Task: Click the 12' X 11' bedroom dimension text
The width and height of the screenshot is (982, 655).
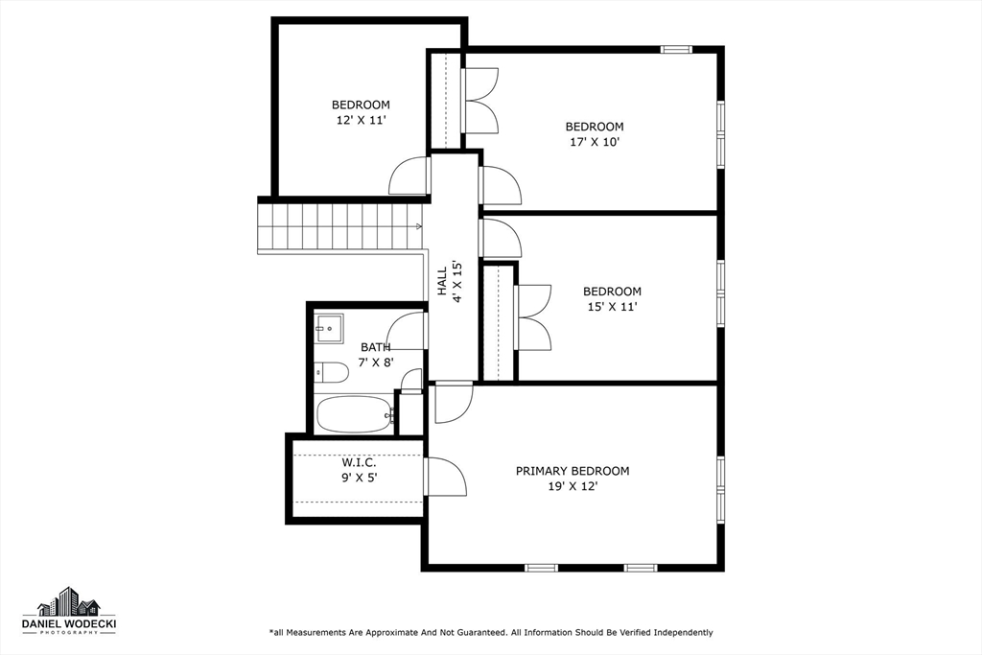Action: pyautogui.click(x=361, y=121)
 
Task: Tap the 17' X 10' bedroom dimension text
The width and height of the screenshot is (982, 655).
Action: pyautogui.click(x=595, y=142)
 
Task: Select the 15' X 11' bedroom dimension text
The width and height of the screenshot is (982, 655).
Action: pyautogui.click(x=612, y=307)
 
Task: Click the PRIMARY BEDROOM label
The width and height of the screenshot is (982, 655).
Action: pyautogui.click(x=573, y=471)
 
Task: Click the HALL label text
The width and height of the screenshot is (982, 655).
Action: pyautogui.click(x=442, y=282)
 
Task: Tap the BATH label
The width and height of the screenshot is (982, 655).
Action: pyautogui.click(x=375, y=347)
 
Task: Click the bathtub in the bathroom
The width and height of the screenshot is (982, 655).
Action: pyautogui.click(x=355, y=414)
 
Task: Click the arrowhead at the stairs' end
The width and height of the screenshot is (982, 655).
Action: pyautogui.click(x=419, y=226)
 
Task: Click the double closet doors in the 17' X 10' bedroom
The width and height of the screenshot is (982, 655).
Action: pyautogui.click(x=480, y=101)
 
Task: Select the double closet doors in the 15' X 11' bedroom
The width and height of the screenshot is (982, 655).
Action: pyautogui.click(x=533, y=317)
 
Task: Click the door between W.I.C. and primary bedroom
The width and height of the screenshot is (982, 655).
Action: pyautogui.click(x=445, y=477)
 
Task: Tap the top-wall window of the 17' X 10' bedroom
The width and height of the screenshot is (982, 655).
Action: pyautogui.click(x=676, y=49)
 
